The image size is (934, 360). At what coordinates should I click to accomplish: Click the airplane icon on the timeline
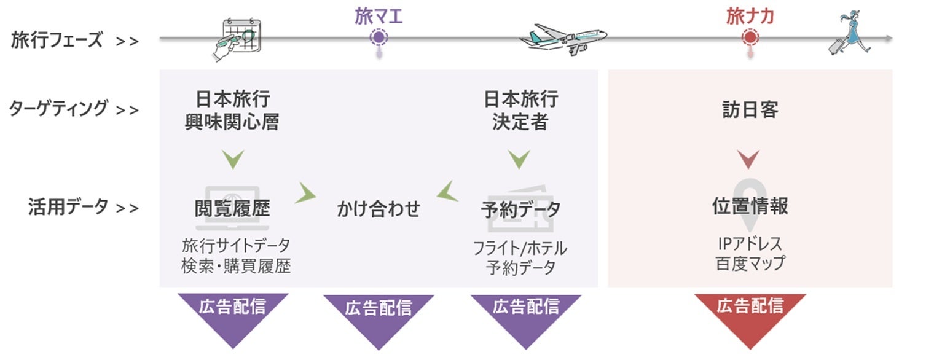(x=563, y=39)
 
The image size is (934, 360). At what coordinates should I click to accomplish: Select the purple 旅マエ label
(x=379, y=16)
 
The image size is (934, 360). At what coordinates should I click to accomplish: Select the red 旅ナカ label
(x=750, y=16)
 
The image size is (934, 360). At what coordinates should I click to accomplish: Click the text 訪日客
(x=750, y=110)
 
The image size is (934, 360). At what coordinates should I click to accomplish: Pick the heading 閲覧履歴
(x=232, y=209)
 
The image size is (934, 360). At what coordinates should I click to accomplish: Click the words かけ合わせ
(x=379, y=209)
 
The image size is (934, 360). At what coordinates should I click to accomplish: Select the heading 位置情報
(x=750, y=206)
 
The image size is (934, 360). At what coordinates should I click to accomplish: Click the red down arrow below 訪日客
(x=749, y=160)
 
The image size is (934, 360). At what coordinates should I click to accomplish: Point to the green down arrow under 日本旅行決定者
(x=519, y=160)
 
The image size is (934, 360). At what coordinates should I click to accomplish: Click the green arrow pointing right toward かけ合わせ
(x=305, y=193)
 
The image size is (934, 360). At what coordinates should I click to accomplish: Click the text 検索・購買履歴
(x=236, y=266)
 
